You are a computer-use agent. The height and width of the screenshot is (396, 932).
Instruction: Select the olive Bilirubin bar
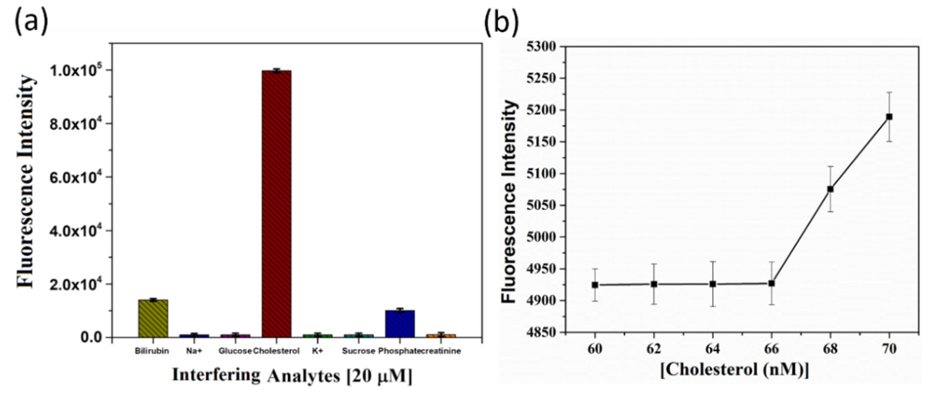pos(153,319)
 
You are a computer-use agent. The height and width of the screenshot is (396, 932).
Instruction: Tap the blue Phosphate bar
pos(400,324)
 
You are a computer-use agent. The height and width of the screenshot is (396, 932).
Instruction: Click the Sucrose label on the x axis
pos(358,351)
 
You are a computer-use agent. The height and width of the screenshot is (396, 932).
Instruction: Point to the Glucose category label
pos(235,351)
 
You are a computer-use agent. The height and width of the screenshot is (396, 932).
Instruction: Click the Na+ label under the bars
pos(194,351)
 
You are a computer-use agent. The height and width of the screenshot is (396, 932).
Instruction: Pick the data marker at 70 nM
pos(889,117)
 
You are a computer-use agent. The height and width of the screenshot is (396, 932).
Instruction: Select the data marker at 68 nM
pos(830,189)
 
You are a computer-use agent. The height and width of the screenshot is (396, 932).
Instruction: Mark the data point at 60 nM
pos(595,285)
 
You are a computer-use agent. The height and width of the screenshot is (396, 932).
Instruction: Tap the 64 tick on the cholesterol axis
pos(712,349)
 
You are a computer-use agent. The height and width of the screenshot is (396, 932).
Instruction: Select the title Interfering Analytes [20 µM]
pos(292,375)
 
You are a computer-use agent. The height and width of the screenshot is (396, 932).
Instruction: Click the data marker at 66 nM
pos(771,283)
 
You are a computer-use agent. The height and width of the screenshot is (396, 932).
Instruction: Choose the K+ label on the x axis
pos(317,351)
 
